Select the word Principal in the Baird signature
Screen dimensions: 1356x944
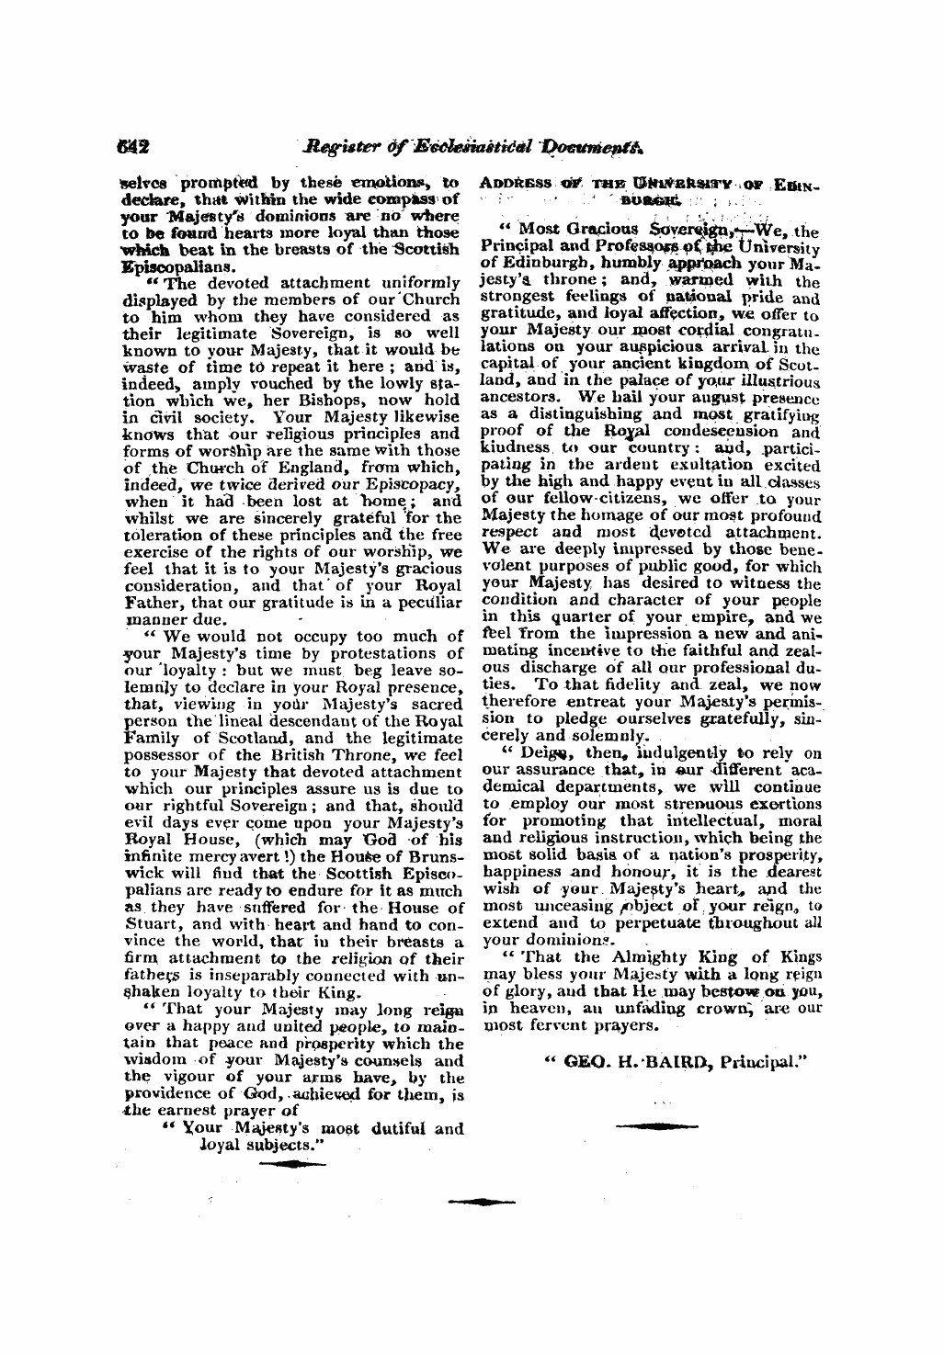click(766, 1059)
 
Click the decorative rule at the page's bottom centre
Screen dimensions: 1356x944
click(481, 1202)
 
